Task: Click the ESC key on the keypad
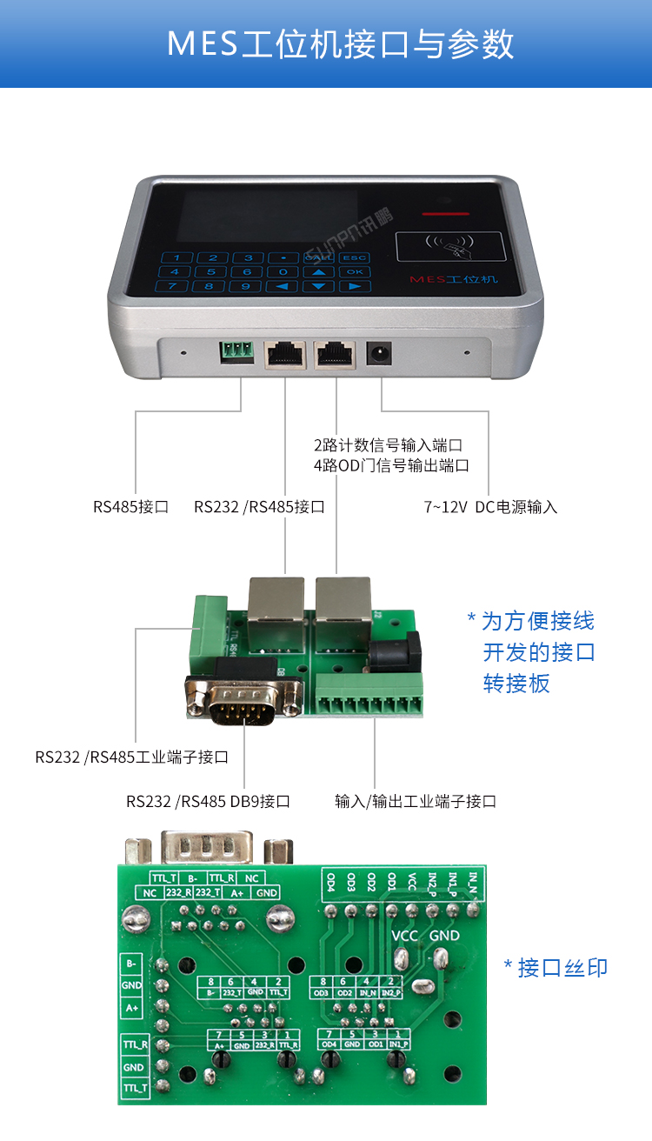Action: point(354,257)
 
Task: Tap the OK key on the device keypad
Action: point(354,271)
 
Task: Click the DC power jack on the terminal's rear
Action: point(380,353)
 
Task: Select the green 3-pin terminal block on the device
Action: point(236,351)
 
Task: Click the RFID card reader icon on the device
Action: point(450,247)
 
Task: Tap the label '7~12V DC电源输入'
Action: point(490,506)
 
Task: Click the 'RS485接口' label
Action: point(130,506)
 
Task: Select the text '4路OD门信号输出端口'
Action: point(391,465)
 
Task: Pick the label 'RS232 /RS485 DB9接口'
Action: point(208,801)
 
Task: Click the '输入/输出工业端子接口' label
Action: point(416,801)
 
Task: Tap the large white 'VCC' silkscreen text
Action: point(405,936)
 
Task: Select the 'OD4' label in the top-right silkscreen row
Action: point(331,882)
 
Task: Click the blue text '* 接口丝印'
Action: point(556,967)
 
